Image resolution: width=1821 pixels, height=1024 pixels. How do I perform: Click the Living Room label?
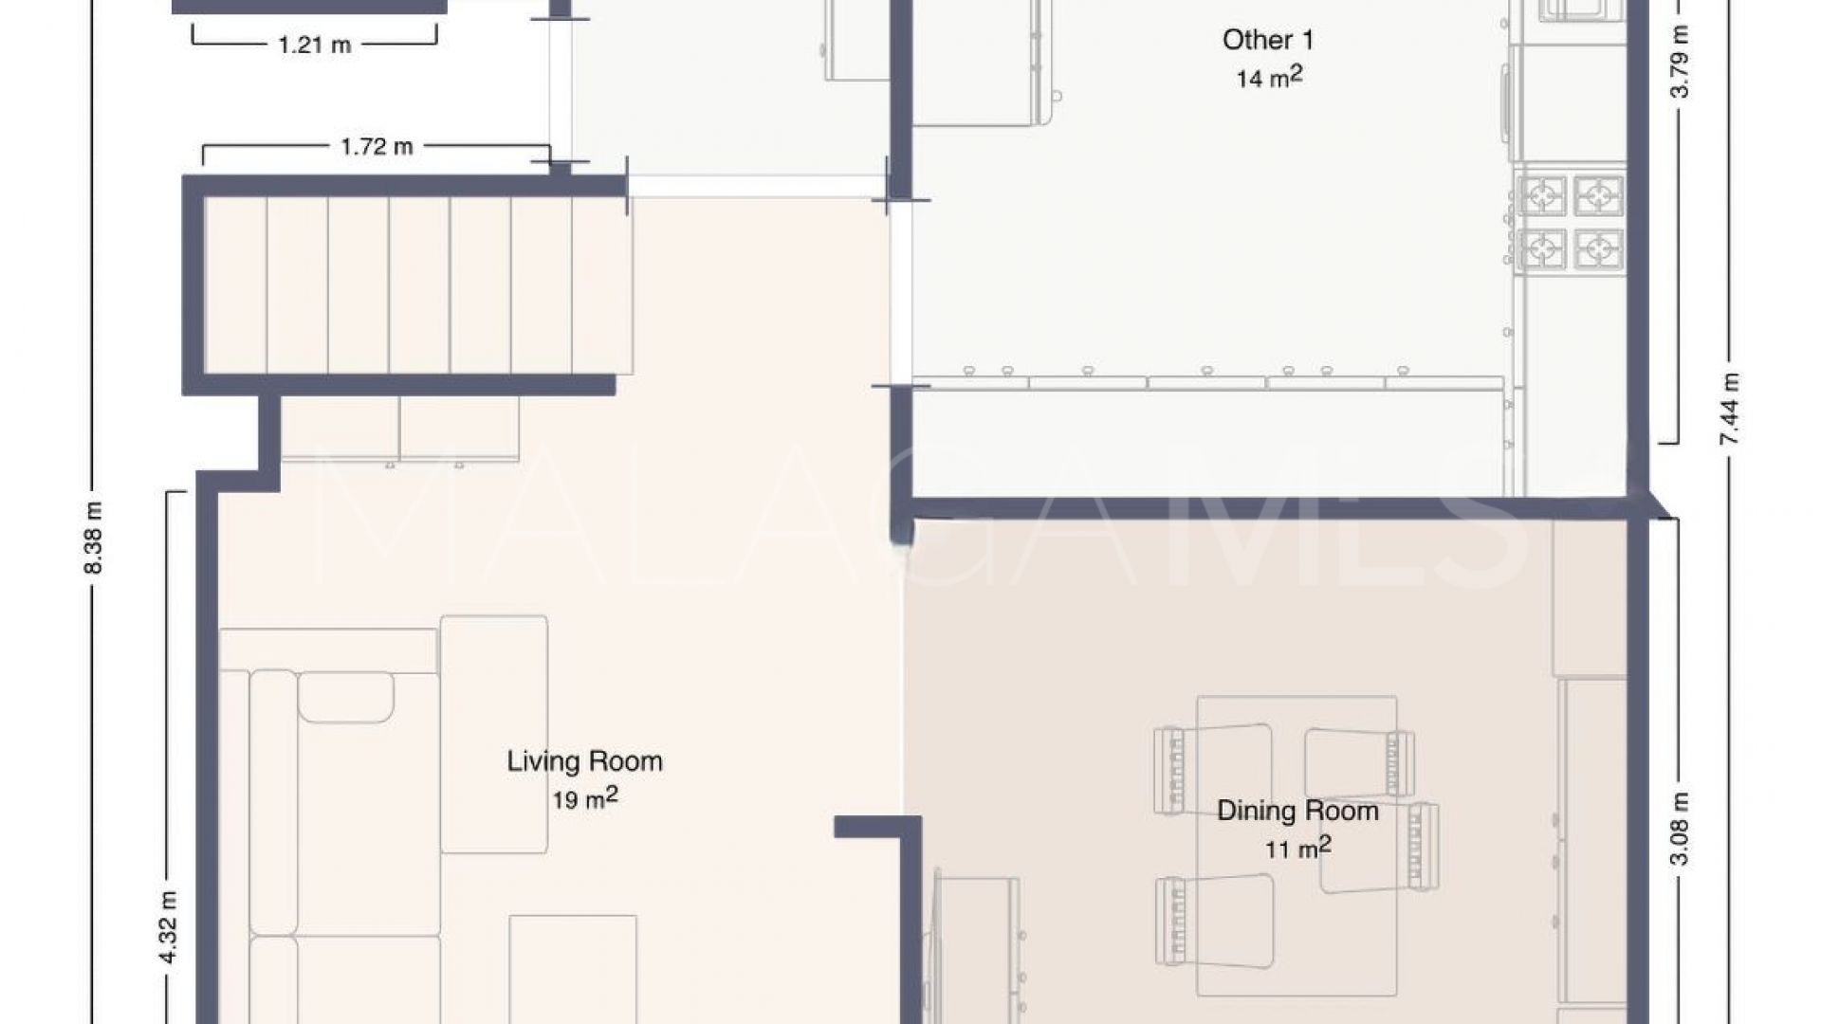coord(584,761)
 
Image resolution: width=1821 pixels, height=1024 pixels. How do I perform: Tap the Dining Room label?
coord(1297,811)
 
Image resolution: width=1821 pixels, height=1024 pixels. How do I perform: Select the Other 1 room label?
coord(1268,40)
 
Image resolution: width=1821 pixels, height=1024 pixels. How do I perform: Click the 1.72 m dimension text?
coord(377,146)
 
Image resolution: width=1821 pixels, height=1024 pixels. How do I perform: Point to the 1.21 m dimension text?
coord(315,45)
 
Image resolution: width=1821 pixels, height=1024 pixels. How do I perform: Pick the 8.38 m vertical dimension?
coord(93,537)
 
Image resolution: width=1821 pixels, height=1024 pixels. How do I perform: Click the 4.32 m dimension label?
coord(168,927)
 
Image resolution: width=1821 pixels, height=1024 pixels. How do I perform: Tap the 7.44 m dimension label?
coord(1730,410)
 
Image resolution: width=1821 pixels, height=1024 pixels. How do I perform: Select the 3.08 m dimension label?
coord(1679,829)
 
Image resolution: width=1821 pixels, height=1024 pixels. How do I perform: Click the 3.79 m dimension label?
coord(1679,62)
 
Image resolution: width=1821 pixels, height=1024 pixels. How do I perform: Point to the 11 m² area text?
coord(1297,848)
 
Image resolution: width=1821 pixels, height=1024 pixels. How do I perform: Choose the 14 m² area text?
coord(1268,78)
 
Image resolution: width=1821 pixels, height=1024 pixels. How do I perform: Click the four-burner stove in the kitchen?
coord(1572,223)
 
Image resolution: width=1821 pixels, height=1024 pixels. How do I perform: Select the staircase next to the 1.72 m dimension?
coord(417,284)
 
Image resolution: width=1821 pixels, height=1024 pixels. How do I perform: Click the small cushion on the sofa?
coord(346,697)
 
